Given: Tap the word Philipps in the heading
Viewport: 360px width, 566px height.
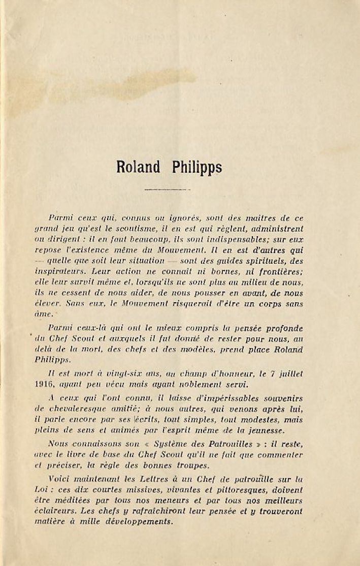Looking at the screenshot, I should (197, 168).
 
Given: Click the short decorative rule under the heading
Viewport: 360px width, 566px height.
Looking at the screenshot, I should (167, 190).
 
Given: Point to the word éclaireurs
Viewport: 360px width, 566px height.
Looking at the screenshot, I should (68, 511).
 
